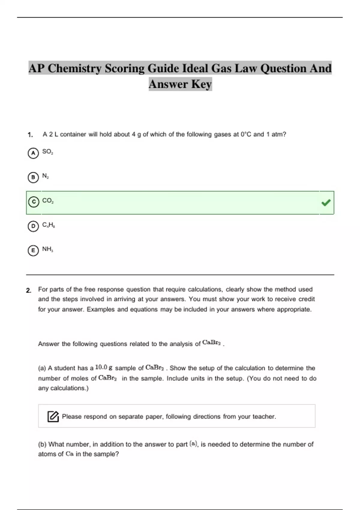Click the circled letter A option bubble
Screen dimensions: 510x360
33,153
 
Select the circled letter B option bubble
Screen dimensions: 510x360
33,177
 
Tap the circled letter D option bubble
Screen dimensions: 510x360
33,226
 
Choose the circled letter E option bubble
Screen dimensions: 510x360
33,250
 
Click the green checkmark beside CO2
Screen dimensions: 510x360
326,203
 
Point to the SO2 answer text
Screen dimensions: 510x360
47,151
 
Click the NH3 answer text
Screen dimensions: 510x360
47,249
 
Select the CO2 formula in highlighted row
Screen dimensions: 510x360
48,200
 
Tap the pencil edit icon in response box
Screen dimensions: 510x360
53,416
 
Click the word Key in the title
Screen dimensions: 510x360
201,84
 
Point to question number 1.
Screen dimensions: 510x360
30,135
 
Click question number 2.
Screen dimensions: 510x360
28,290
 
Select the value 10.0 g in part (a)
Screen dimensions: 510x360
104,367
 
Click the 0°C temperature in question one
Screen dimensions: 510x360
246,134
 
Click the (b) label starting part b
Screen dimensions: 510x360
42,444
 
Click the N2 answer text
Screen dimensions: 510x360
45,176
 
